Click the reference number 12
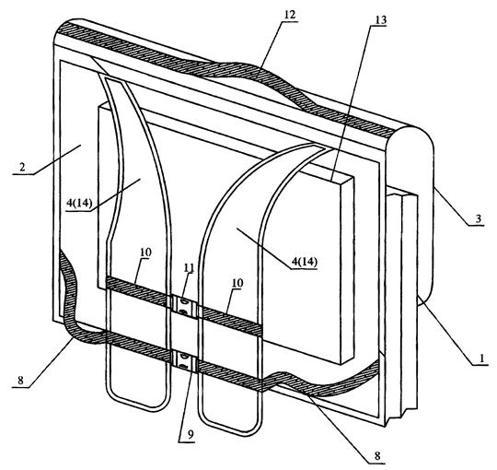[x=289, y=15]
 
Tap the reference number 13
[x=380, y=20]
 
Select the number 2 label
[x=22, y=167]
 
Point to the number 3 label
[x=479, y=218]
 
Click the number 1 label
[x=481, y=358]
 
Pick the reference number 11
[x=189, y=267]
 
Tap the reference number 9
[x=190, y=434]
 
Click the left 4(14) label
[x=79, y=204]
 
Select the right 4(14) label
[x=305, y=262]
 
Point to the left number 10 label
[x=145, y=253]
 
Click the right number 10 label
[x=237, y=283]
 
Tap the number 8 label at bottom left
[x=20, y=381]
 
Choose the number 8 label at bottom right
[x=376, y=456]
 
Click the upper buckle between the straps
[x=183, y=305]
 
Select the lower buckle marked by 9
[x=184, y=362]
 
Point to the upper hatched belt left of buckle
[x=137, y=289]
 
